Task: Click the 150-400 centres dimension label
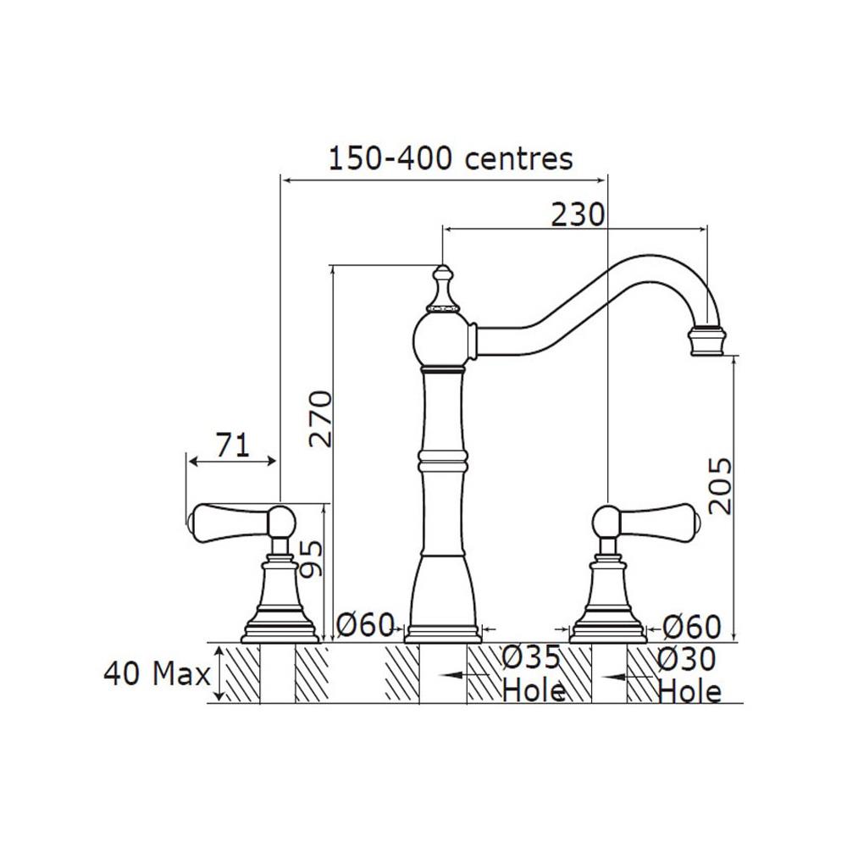pos(451,159)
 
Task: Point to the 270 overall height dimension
pos(320,418)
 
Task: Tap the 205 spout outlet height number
pos(720,485)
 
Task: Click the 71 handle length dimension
pos(234,445)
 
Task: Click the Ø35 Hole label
pos(533,674)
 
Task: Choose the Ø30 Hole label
pos(689,675)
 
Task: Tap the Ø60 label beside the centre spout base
pos(365,626)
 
